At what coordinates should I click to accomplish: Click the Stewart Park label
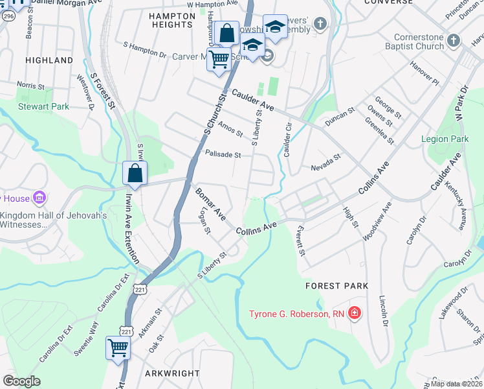point(43,106)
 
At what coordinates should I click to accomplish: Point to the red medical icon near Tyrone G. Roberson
point(354,314)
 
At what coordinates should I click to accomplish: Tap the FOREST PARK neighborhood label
point(338,285)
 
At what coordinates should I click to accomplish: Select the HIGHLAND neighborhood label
point(49,60)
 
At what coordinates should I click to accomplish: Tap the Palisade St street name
point(223,155)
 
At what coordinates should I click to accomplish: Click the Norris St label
point(30,85)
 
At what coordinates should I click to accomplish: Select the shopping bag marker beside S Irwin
point(135,174)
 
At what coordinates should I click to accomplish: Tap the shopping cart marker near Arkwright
point(118,348)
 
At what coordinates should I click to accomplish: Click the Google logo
point(21,381)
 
